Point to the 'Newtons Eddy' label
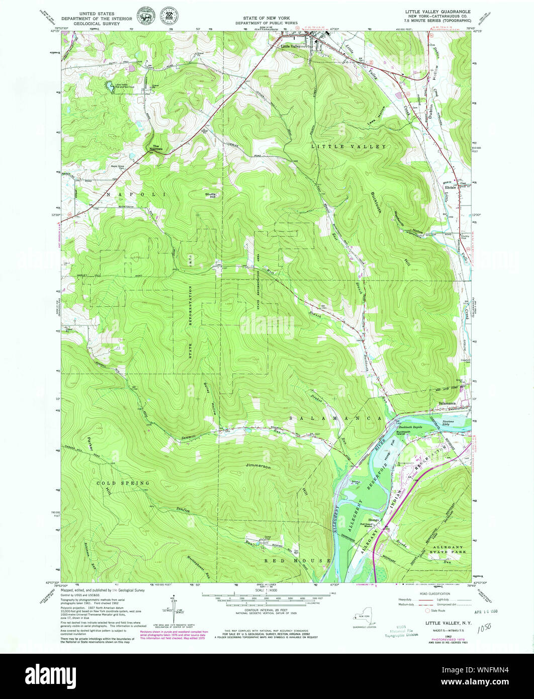click(449, 423)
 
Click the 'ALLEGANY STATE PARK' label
click(447, 549)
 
